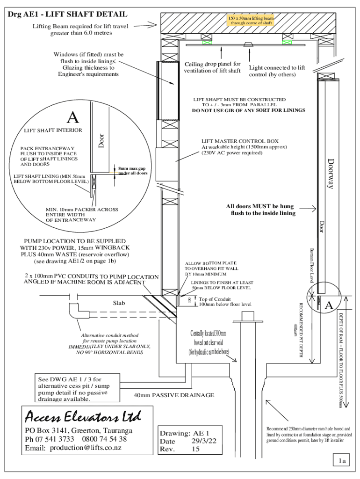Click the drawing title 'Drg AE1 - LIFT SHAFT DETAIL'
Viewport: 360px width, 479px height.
(67, 15)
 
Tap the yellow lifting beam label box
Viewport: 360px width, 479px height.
(250, 20)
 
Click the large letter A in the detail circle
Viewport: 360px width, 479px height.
(72, 117)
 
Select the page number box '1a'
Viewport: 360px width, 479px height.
(342, 461)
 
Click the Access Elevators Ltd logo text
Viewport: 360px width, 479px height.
(82, 415)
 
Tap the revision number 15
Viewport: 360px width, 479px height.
(195, 449)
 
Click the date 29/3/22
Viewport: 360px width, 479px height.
(204, 441)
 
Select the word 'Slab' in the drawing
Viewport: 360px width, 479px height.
(119, 303)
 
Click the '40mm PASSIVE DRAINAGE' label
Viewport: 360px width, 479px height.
(174, 395)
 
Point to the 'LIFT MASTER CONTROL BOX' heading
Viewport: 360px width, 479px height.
(240, 141)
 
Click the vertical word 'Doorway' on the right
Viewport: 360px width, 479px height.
(331, 174)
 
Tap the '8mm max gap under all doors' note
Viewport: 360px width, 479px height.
(132, 171)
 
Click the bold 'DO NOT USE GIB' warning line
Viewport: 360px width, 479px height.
(249, 110)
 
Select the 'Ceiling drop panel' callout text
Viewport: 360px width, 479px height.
(212, 67)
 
